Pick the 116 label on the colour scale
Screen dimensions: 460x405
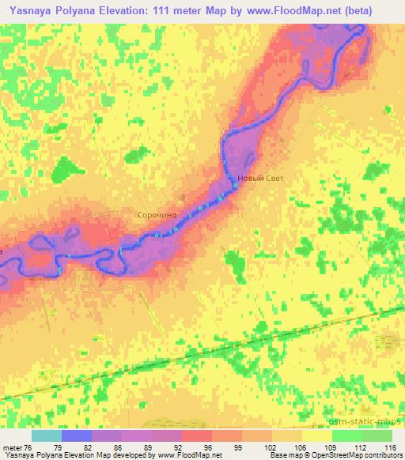389,447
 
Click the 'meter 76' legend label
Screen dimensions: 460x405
17,447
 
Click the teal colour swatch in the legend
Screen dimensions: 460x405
47,435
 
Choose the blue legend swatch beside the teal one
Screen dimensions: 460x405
77,435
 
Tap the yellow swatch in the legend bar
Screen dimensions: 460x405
316,435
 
